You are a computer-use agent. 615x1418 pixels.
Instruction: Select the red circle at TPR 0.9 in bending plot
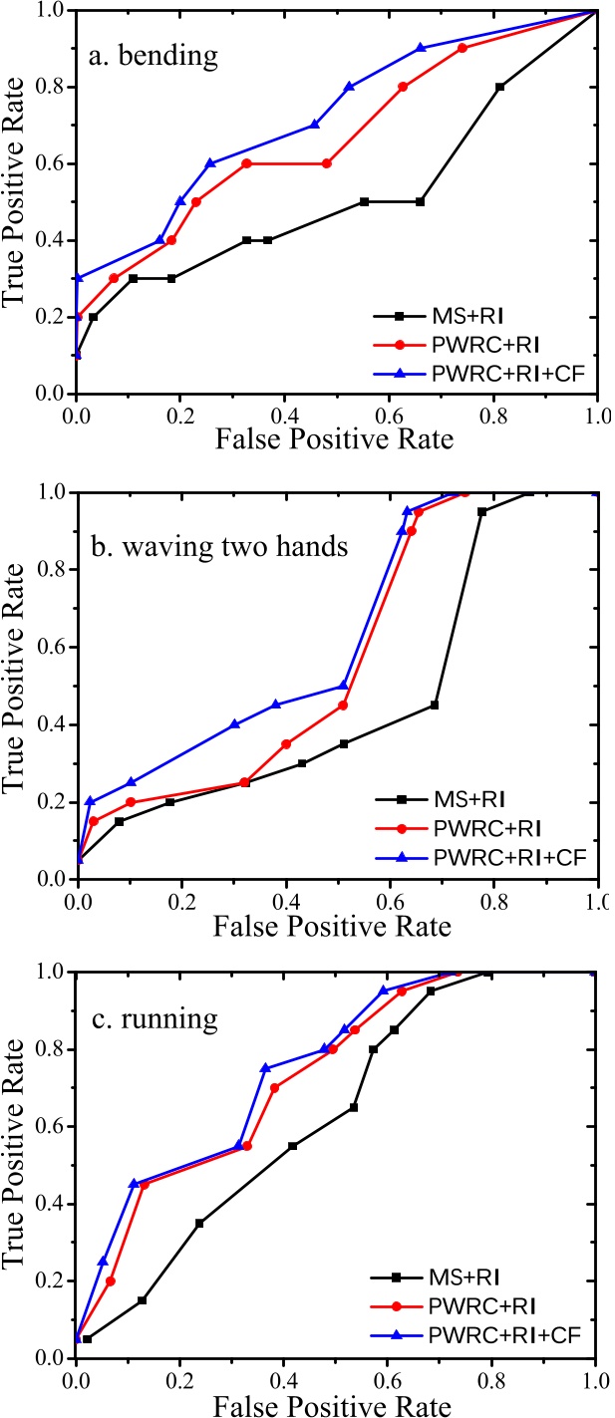point(461,48)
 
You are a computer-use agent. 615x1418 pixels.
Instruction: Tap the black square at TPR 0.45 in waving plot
point(435,705)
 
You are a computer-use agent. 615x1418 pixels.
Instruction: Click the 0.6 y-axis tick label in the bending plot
point(52,163)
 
